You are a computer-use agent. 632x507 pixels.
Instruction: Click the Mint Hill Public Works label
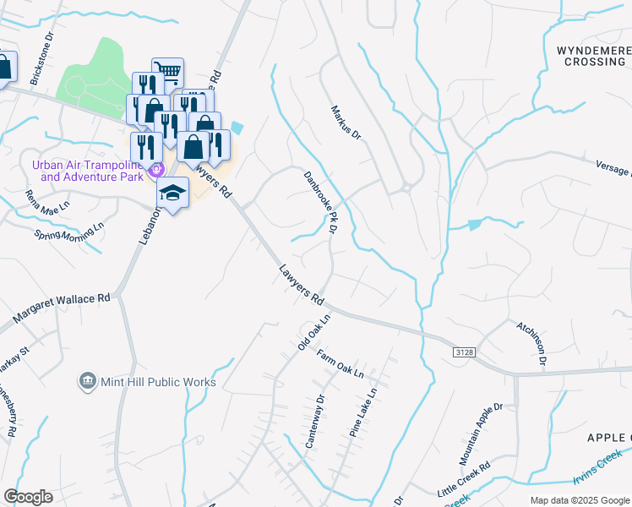(x=158, y=382)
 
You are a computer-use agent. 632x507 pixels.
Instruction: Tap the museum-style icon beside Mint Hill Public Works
(x=86, y=382)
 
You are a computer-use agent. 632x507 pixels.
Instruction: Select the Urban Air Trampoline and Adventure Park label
(x=87, y=171)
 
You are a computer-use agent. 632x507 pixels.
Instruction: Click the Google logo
(x=28, y=497)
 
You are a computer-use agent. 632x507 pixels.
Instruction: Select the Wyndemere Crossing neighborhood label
(x=590, y=56)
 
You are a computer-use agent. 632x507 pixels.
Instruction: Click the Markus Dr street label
(x=346, y=123)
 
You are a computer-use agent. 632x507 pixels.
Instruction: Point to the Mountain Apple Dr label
(x=481, y=434)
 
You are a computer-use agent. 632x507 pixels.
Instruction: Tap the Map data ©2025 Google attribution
(x=580, y=500)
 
